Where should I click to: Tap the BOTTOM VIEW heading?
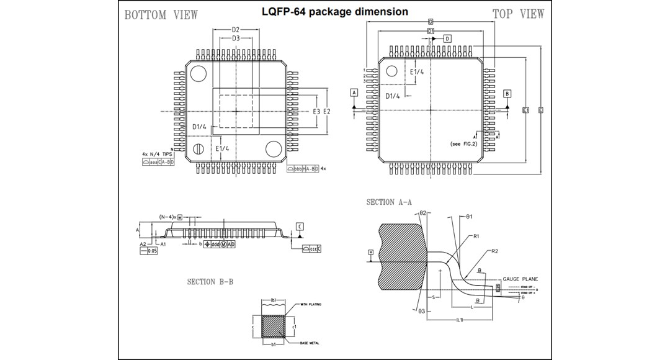click(161, 15)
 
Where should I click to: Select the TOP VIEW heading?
click(518, 14)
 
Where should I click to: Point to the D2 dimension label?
click(236, 29)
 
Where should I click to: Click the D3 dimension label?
click(236, 38)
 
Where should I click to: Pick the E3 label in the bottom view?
click(316, 111)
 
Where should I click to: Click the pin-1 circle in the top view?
click(392, 71)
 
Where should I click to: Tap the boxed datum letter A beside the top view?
click(354, 93)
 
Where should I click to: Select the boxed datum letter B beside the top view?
click(507, 94)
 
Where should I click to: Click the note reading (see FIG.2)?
click(465, 144)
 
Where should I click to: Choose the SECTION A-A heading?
click(389, 202)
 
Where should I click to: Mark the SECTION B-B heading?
click(210, 282)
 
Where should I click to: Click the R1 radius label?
click(476, 236)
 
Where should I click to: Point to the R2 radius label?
click(494, 251)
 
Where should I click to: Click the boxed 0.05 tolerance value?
click(152, 250)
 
